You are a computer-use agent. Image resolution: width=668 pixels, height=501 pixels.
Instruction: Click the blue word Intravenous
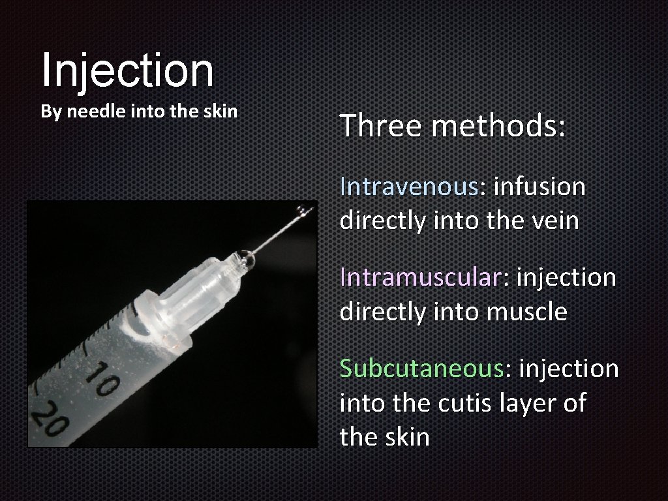(x=409, y=187)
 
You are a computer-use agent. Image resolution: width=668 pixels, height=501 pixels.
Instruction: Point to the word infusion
(x=539, y=187)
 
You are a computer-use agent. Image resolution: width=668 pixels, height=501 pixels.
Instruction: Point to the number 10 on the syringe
(x=102, y=382)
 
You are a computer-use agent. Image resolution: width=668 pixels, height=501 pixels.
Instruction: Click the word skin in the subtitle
(x=222, y=112)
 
